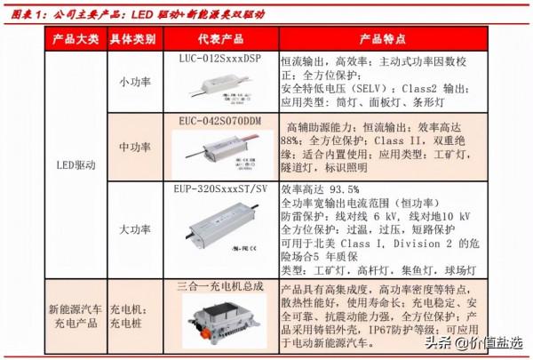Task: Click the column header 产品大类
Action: pyautogui.click(x=75, y=40)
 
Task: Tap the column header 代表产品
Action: pyautogui.click(x=221, y=40)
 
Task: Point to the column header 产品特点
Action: pyautogui.click(x=382, y=40)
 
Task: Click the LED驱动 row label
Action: pyautogui.click(x=75, y=165)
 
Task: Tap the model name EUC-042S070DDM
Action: pyautogui.click(x=221, y=119)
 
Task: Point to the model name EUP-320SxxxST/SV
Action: pyautogui.click(x=221, y=189)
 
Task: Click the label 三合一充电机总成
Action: pyautogui.click(x=221, y=285)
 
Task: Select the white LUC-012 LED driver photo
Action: pyautogui.click(x=221, y=85)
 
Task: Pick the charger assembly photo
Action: pyautogui.click(x=221, y=319)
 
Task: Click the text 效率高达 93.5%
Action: pyautogui.click(x=320, y=189)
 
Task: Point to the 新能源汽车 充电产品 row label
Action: pyautogui.click(x=75, y=316)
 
